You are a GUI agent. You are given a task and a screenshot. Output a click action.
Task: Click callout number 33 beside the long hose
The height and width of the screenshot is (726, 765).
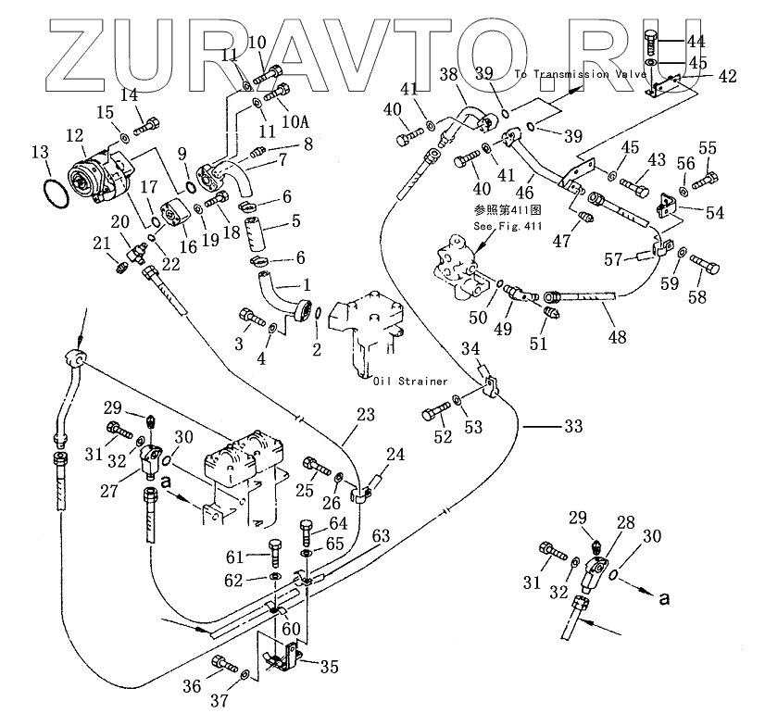(x=574, y=427)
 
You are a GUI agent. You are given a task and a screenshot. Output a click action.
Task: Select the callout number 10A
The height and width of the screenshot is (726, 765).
(x=295, y=121)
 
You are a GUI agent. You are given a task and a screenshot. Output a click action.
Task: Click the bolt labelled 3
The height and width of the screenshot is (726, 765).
(x=248, y=317)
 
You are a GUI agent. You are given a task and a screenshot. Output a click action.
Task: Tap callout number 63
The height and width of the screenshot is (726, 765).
(x=380, y=535)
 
